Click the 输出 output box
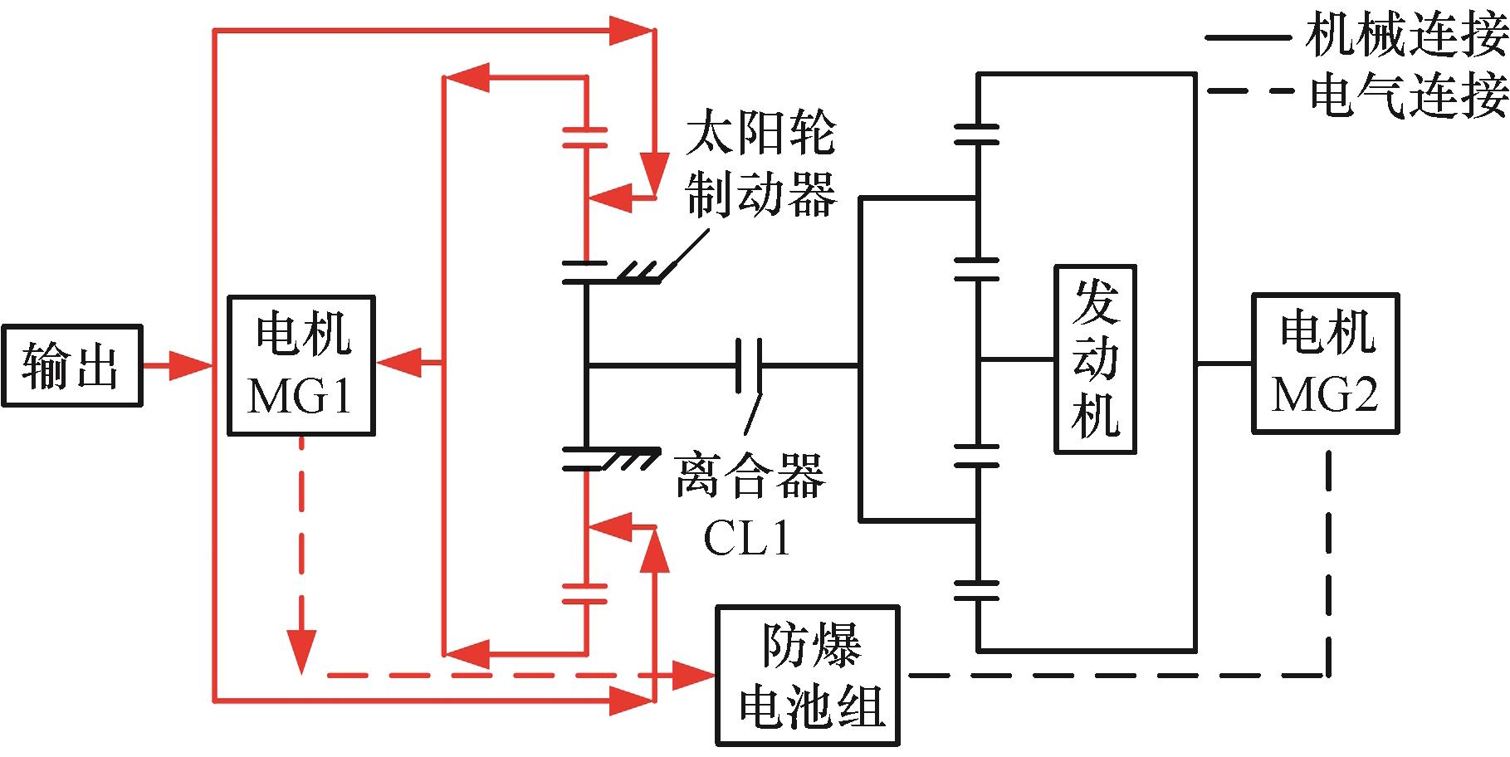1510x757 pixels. coord(71,365)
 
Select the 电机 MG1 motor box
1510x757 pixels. coord(301,365)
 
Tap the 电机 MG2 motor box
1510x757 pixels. coord(1325,364)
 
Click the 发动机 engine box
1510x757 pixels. coord(1095,359)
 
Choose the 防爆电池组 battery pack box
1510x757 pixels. coord(808,676)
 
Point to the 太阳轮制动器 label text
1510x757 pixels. coord(760,166)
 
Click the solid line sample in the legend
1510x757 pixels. coord(1245,37)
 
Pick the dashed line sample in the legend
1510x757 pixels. coord(1249,90)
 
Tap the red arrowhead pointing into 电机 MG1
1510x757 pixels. coord(397,363)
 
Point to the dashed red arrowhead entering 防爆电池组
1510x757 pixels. coord(694,675)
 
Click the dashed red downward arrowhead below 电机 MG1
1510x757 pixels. coord(301,652)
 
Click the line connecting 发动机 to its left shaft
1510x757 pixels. coord(1017,359)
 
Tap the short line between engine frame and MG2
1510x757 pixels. coord(1224,364)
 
